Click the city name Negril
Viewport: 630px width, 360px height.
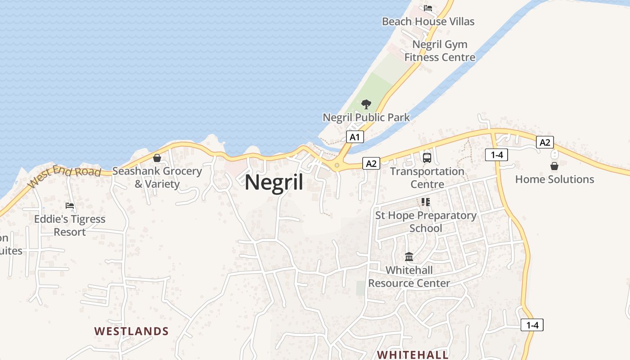(x=274, y=183)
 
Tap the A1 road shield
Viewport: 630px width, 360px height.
(x=355, y=137)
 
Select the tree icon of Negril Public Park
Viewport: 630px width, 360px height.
(x=366, y=104)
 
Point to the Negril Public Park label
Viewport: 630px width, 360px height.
(x=366, y=117)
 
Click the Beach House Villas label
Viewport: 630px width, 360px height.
(x=428, y=21)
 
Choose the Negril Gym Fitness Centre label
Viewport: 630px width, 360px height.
(x=440, y=51)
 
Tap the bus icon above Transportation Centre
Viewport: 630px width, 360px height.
(x=427, y=158)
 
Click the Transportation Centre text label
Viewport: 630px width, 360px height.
(x=427, y=178)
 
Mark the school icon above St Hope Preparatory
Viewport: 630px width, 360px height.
(x=426, y=202)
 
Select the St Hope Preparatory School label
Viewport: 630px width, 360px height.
(x=426, y=222)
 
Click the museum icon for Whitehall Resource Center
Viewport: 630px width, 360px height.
(x=409, y=257)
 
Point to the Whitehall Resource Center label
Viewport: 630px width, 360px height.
(x=409, y=277)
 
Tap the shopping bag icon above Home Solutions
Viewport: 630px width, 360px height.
(x=554, y=166)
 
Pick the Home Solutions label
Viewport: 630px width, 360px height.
(x=554, y=179)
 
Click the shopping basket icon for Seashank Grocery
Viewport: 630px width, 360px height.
(x=157, y=158)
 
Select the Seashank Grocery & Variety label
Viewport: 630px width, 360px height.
(x=157, y=177)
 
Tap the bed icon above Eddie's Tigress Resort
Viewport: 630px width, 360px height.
(x=70, y=206)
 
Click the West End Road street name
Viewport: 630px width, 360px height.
(x=64, y=176)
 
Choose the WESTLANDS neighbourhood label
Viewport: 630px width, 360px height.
(x=131, y=331)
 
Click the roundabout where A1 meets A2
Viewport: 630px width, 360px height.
(x=337, y=165)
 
